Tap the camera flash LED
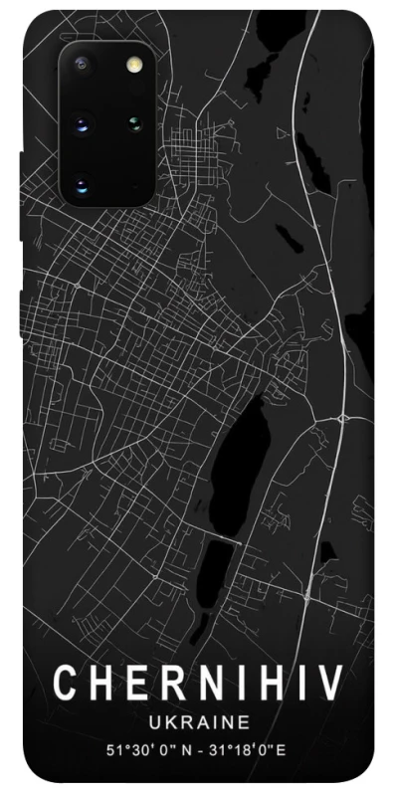(x=131, y=66)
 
